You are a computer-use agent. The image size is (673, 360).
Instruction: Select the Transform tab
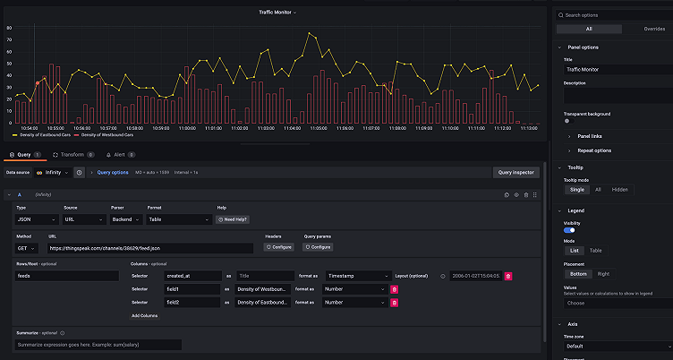click(x=72, y=155)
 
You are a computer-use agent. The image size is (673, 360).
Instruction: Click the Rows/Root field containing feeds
click(x=67, y=276)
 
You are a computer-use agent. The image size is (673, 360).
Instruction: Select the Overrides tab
click(x=655, y=29)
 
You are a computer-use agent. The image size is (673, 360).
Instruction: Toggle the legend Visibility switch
click(x=569, y=230)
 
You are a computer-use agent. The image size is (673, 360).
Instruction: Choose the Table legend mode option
click(x=595, y=251)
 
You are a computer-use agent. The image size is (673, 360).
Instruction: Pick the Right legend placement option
click(x=603, y=273)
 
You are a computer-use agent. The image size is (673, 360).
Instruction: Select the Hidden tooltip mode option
click(x=619, y=189)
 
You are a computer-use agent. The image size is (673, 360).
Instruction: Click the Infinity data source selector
click(x=54, y=172)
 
